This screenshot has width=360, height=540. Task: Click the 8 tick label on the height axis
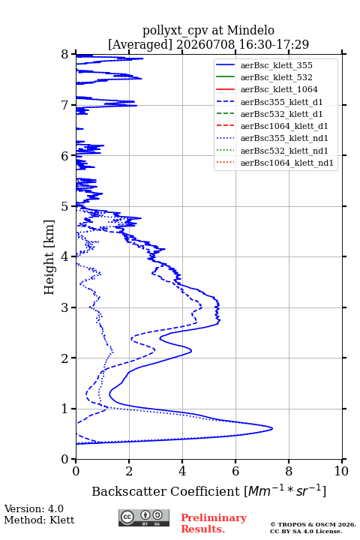click(65, 55)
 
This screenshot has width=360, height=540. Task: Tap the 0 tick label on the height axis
click(65, 459)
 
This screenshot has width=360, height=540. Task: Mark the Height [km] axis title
click(49, 257)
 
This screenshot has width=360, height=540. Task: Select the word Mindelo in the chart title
click(250, 30)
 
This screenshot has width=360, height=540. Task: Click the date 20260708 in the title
click(205, 44)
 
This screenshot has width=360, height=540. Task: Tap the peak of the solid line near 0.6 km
click(272, 428)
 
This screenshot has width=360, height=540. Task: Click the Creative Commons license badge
click(144, 517)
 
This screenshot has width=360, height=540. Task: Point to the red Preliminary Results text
click(214, 523)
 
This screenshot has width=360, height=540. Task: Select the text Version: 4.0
click(34, 508)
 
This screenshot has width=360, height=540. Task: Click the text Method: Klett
click(39, 520)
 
